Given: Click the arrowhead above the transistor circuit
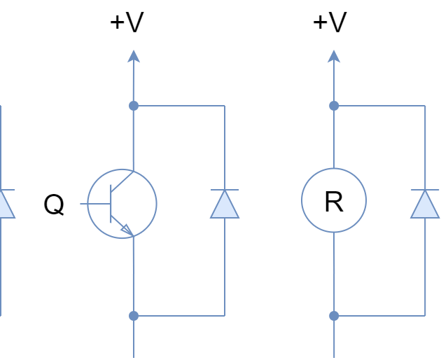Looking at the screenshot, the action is click(x=133, y=56).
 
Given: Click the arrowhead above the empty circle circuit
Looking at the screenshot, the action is click(x=334, y=56).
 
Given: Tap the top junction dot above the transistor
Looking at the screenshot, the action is click(x=133, y=106).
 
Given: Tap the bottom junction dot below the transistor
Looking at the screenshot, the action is click(x=133, y=316).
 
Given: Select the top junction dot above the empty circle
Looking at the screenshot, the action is click(x=334, y=106).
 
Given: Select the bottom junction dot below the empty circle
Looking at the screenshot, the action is click(x=334, y=316).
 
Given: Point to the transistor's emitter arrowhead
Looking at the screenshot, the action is click(x=126, y=228).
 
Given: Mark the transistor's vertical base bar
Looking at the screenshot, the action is click(x=111, y=204).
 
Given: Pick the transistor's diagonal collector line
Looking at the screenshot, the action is click(x=122, y=181).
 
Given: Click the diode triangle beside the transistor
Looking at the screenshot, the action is click(x=224, y=205).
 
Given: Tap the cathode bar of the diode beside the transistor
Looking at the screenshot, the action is click(x=224, y=190).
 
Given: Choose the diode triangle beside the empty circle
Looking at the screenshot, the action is click(x=425, y=205).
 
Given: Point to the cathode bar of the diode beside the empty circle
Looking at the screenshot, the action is click(x=425, y=190).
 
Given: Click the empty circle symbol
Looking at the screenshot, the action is click(x=334, y=200).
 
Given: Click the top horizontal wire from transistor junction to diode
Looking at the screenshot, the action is click(x=178, y=106).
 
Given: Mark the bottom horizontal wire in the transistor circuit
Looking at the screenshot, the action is click(x=178, y=316).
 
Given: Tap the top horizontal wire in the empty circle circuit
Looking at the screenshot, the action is click(x=379, y=106).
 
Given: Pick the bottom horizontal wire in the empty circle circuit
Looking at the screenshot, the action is click(x=379, y=316).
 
